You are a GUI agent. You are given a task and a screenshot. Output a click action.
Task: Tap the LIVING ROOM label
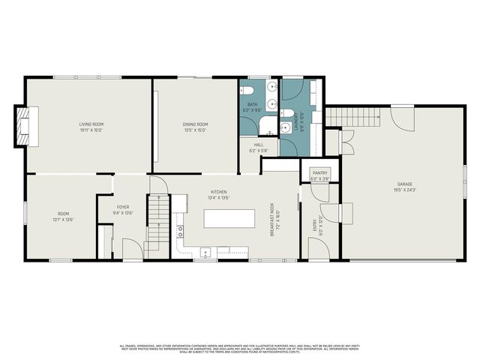91,124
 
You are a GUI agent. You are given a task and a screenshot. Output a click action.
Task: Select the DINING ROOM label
195,124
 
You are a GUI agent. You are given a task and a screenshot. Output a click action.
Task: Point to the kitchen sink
205,253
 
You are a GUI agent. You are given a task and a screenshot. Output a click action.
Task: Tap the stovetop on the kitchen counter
180,232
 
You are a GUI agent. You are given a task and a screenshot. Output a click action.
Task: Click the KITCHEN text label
218,192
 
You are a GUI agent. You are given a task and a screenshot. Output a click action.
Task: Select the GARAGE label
405,184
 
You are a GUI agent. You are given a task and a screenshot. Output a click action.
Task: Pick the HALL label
258,145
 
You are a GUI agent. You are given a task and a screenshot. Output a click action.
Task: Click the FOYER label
122,207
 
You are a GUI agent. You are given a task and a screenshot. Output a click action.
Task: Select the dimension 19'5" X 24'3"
405,190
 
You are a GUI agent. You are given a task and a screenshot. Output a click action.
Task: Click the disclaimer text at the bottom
240,349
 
